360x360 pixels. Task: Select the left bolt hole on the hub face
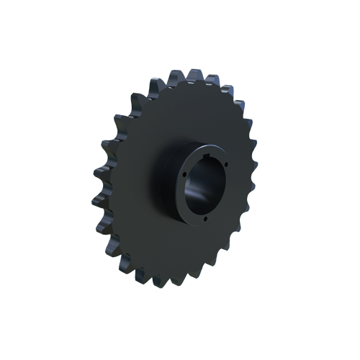tap(184, 174)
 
